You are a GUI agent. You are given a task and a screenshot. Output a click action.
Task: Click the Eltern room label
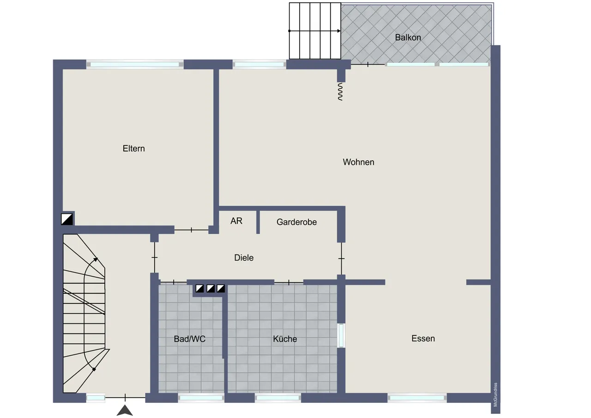134,149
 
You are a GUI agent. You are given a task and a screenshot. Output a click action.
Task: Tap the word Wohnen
359,162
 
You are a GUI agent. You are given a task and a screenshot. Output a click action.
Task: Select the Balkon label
408,37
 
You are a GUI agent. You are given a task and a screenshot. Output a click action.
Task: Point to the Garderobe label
296,222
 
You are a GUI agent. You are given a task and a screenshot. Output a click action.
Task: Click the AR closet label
236,221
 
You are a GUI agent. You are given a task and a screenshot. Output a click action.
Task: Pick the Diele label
244,258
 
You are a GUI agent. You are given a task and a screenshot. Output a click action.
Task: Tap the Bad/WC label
189,339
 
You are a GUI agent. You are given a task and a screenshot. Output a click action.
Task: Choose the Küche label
285,339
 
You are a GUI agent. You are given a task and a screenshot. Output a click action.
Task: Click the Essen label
423,338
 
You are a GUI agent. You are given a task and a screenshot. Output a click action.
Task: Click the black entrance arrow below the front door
125,411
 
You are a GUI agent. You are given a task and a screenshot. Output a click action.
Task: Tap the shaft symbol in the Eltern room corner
67,219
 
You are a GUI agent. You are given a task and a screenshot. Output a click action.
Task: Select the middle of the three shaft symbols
210,288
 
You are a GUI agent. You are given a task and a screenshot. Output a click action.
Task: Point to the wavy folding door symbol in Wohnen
340,91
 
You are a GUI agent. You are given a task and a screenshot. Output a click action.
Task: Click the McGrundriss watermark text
495,395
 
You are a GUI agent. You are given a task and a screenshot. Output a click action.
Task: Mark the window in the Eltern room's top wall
135,64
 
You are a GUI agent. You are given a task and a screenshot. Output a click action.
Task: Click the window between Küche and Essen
341,335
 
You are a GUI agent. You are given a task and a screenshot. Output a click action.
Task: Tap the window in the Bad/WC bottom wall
201,398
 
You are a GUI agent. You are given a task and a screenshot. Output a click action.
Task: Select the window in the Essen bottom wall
417,398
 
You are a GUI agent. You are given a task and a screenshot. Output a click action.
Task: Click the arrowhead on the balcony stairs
339,31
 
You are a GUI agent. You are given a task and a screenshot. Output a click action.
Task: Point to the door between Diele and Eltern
192,230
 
